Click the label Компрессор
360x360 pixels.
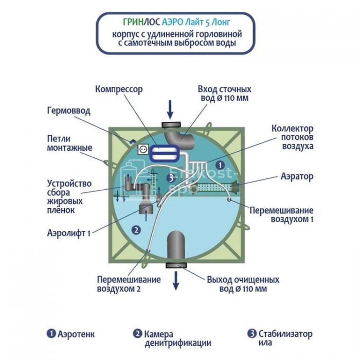(119, 89)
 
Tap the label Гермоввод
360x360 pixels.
(69, 111)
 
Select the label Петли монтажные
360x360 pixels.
(69, 143)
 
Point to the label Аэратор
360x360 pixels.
(297, 176)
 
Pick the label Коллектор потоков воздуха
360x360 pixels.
(292, 137)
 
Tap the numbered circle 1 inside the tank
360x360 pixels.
(220, 165)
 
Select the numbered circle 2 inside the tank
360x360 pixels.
(136, 230)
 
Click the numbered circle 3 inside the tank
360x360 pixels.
(171, 178)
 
